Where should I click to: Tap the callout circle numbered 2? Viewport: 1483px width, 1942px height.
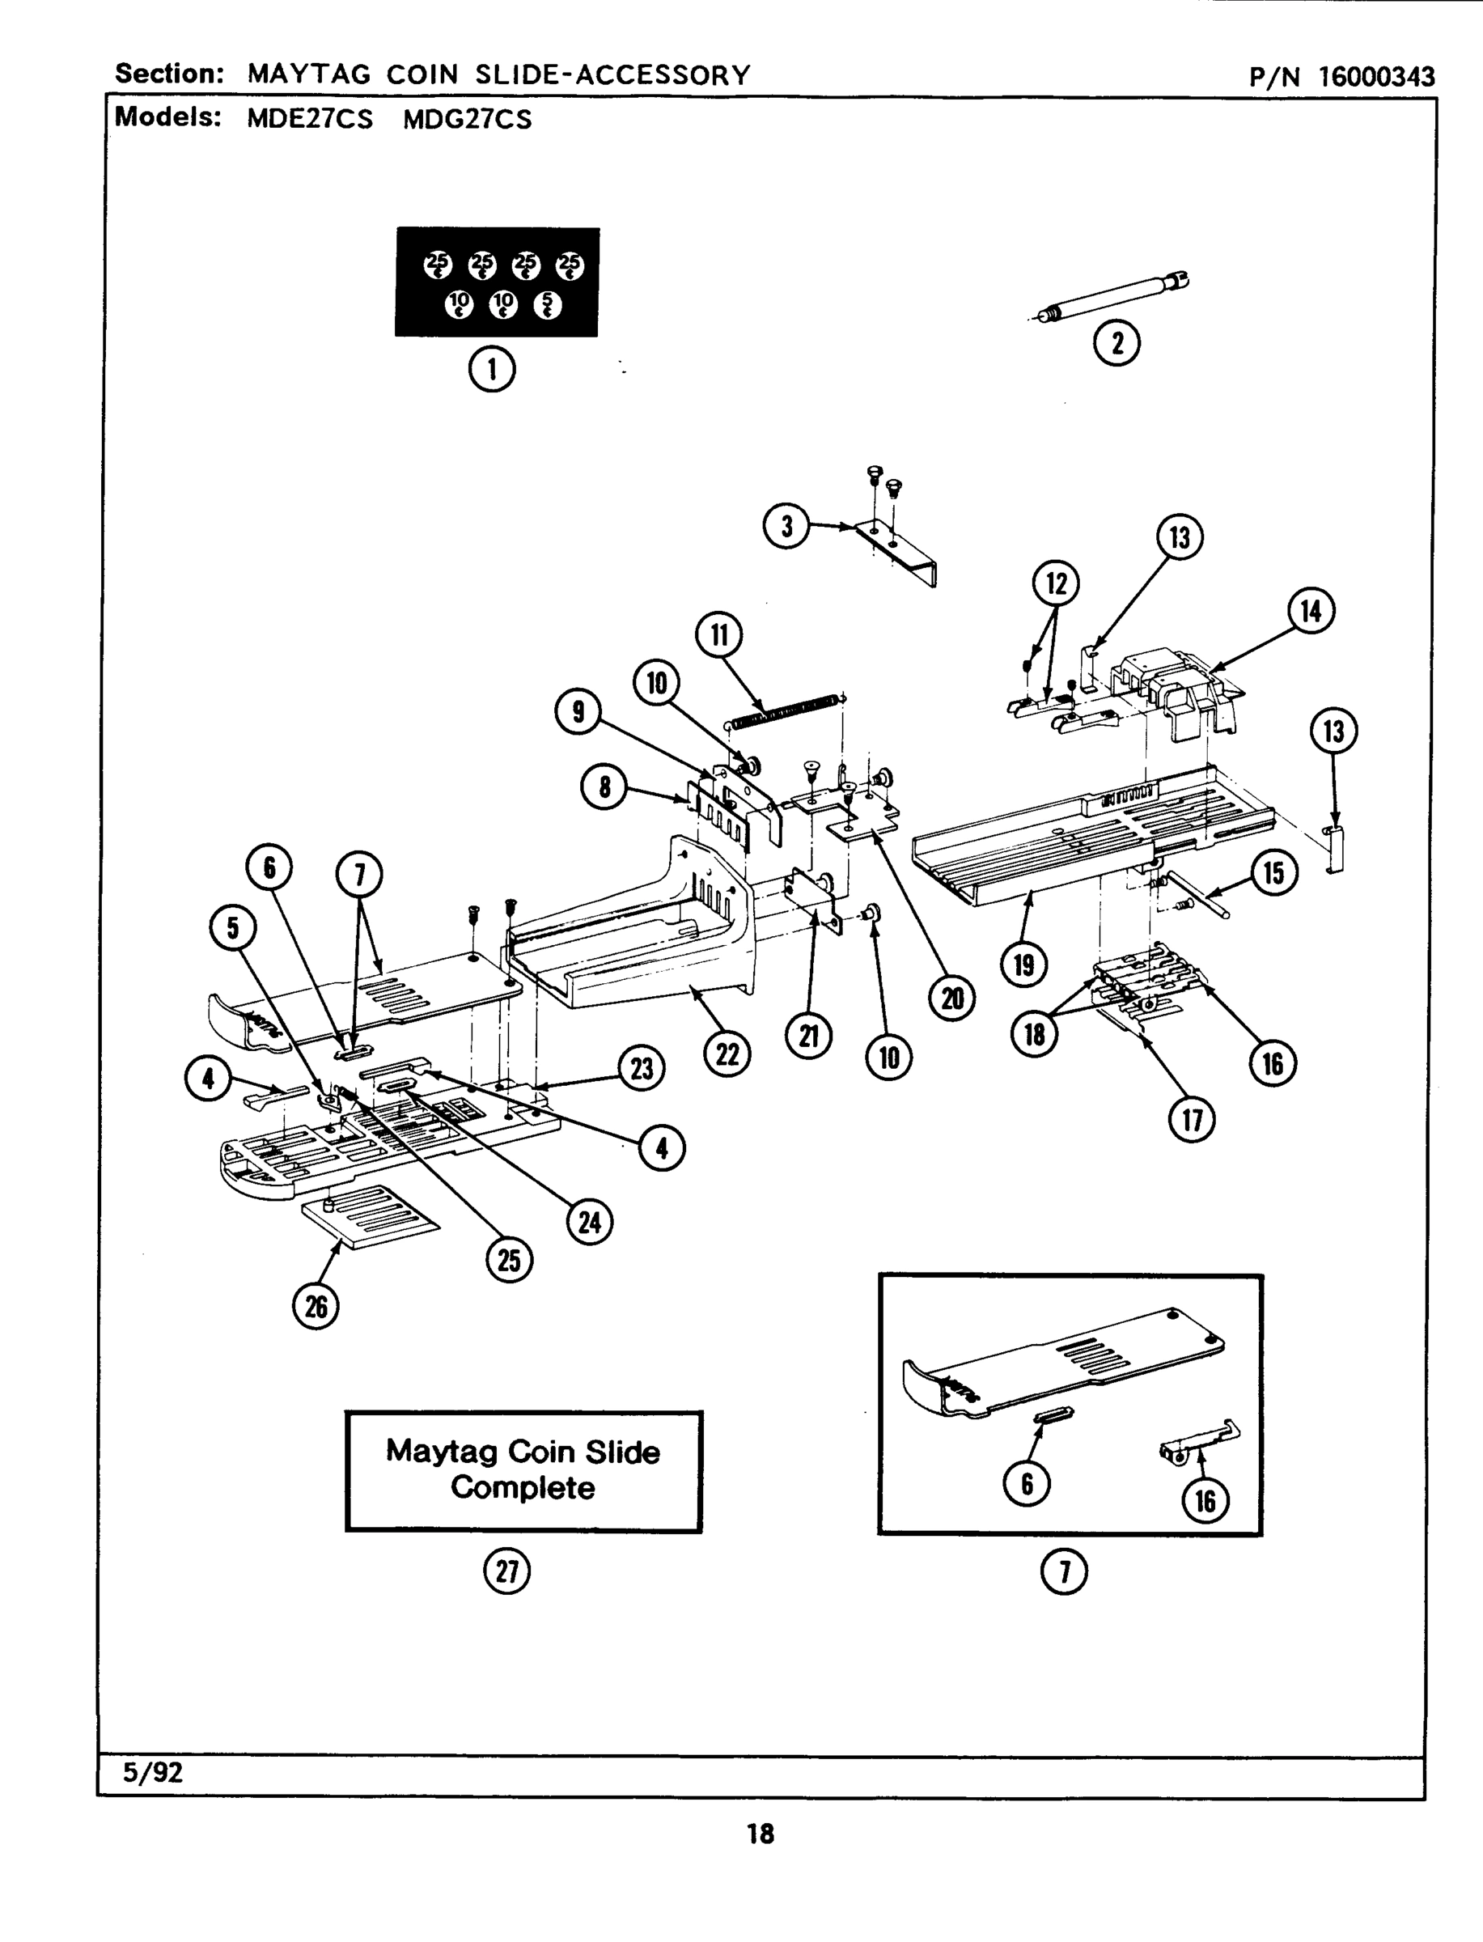pos(1116,342)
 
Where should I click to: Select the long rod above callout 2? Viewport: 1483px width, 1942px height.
pos(1112,298)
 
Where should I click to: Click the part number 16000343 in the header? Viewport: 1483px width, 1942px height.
pos(1377,77)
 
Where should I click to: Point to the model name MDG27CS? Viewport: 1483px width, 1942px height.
pos(467,119)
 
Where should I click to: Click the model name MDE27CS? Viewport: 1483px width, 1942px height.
pos(310,119)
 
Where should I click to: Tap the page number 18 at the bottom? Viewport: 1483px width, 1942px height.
pos(760,1834)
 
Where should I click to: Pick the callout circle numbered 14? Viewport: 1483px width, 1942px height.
pos(1311,610)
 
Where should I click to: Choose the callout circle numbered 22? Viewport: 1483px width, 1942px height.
pos(727,1054)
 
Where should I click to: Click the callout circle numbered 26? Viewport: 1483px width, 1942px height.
pos(316,1307)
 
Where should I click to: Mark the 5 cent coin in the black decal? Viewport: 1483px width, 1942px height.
pos(547,304)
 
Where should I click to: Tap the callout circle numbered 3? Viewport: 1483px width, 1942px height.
pos(786,526)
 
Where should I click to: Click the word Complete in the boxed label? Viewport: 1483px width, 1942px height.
pos(523,1488)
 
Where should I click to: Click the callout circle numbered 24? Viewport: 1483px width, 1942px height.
pos(589,1223)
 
